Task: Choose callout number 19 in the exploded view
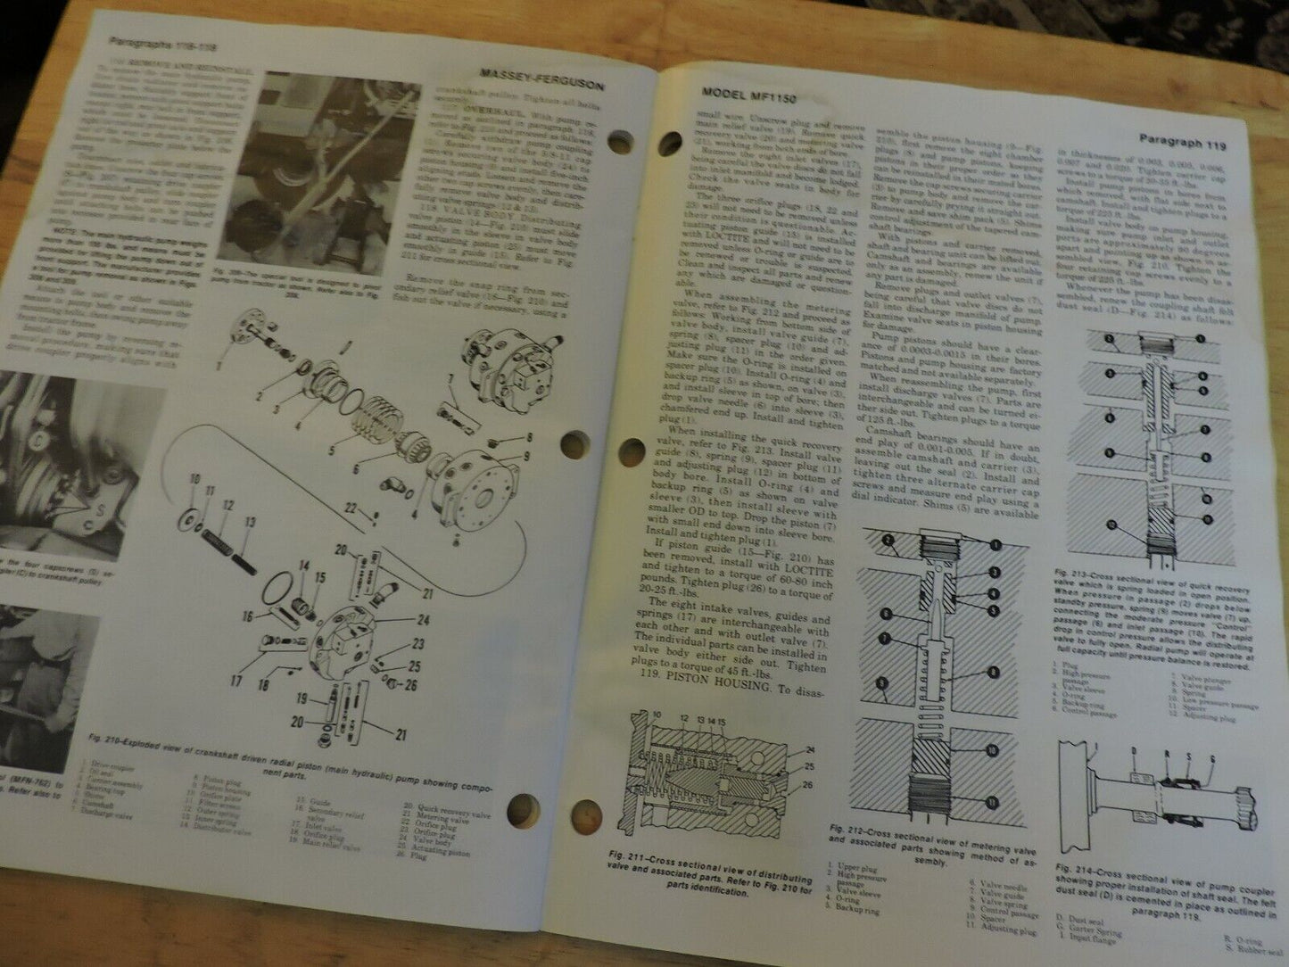pyautogui.click(x=303, y=699)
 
